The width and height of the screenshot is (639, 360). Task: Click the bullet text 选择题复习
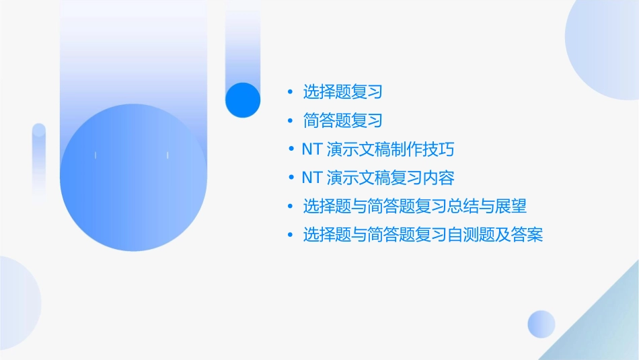pyautogui.click(x=342, y=92)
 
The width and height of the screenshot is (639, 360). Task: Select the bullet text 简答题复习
pyautogui.click(x=342, y=120)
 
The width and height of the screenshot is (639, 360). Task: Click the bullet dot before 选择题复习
pyautogui.click(x=290, y=92)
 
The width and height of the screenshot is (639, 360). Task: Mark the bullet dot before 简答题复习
pyautogui.click(x=290, y=120)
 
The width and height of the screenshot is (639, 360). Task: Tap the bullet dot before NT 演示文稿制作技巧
pyautogui.click(x=290, y=149)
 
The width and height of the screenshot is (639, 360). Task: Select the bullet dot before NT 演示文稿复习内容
pyautogui.click(x=290, y=178)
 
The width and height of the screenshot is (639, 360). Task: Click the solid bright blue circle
pyautogui.click(x=243, y=100)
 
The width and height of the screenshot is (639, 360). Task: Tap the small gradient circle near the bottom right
pyautogui.click(x=541, y=324)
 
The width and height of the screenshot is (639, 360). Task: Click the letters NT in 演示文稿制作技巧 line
pyautogui.click(x=312, y=149)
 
